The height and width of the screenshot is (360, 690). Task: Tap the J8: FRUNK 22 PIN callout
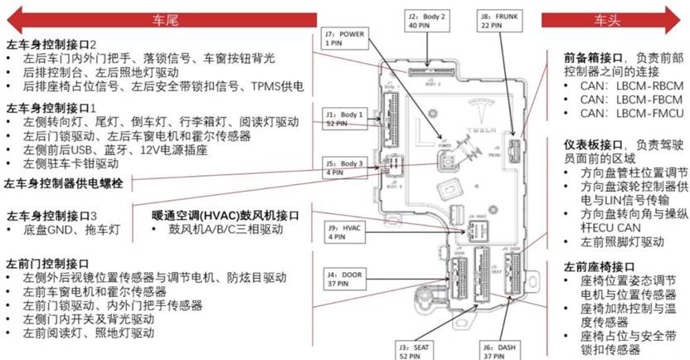coord(498,21)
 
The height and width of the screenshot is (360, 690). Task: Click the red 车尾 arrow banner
coord(167,16)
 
